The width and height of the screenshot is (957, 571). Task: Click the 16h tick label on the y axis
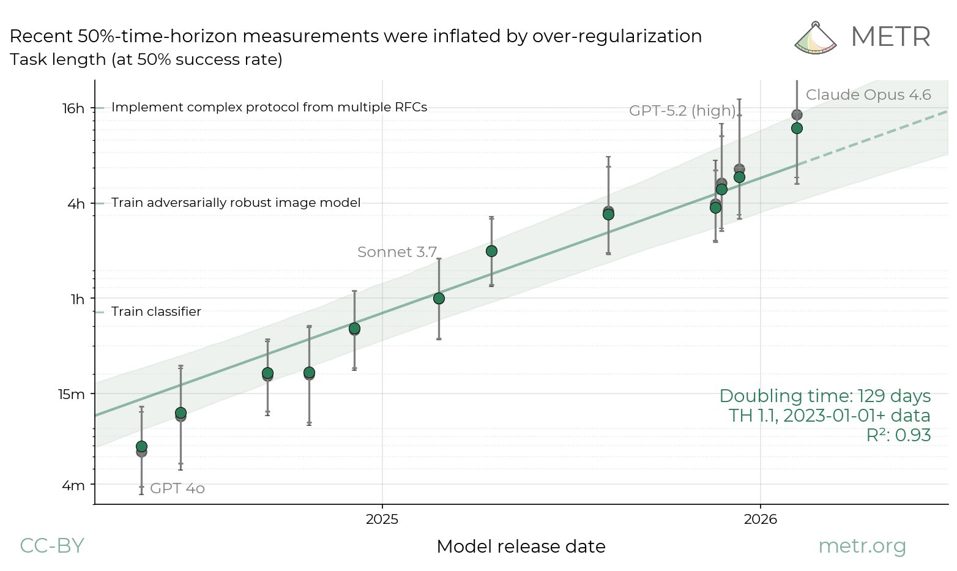click(73, 108)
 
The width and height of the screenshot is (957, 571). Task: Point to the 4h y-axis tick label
click(76, 204)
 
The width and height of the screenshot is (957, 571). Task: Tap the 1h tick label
click(78, 299)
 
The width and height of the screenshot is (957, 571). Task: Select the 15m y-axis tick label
click(72, 394)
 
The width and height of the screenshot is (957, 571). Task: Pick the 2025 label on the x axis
click(382, 520)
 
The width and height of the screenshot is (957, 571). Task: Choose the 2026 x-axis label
click(760, 520)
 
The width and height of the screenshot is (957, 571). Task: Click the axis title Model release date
click(521, 547)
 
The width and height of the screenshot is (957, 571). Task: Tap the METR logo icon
click(815, 38)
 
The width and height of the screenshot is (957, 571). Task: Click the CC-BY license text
click(52, 545)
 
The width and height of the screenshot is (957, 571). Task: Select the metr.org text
click(862, 545)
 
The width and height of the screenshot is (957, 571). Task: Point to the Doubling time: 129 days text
click(825, 396)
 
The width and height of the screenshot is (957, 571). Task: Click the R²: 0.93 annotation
click(898, 435)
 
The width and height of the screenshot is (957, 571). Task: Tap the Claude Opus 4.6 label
click(868, 95)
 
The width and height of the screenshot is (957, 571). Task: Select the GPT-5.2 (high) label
click(682, 111)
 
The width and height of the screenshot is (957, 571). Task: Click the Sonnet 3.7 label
click(397, 252)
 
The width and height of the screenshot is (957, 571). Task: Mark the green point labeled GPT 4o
click(141, 446)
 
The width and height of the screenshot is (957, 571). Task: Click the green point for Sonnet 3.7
click(439, 299)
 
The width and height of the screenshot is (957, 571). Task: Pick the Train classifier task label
click(156, 312)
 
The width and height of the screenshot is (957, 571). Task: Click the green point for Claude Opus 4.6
click(797, 128)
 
